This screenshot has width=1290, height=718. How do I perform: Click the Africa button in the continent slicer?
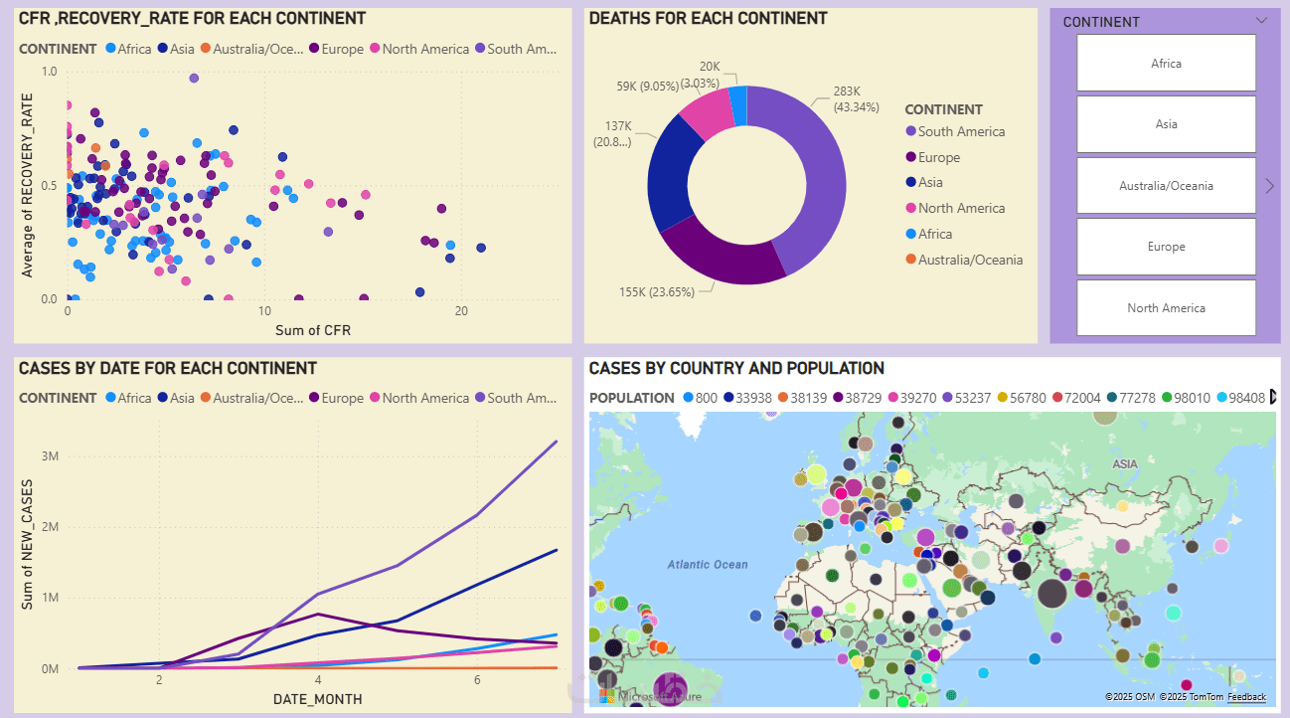[1166, 64]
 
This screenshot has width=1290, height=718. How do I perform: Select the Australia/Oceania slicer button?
[1166, 186]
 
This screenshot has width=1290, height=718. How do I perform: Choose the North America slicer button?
[1166, 308]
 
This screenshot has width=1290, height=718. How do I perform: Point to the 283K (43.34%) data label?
[854, 98]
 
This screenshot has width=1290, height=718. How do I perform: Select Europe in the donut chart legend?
[938, 157]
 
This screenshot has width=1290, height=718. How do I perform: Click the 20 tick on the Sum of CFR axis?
[461, 311]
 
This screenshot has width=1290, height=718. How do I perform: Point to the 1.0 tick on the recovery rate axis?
[49, 72]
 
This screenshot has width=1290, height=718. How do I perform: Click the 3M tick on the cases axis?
[50, 456]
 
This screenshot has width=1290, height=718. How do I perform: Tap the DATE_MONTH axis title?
[317, 700]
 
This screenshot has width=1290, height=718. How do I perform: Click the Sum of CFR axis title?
[312, 330]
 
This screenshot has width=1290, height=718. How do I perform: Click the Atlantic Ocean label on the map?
[708, 565]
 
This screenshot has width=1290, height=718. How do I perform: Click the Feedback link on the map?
[1246, 697]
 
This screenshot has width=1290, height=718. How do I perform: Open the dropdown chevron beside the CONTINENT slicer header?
[1261, 20]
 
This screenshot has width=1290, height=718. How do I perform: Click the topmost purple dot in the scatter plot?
[194, 78]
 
